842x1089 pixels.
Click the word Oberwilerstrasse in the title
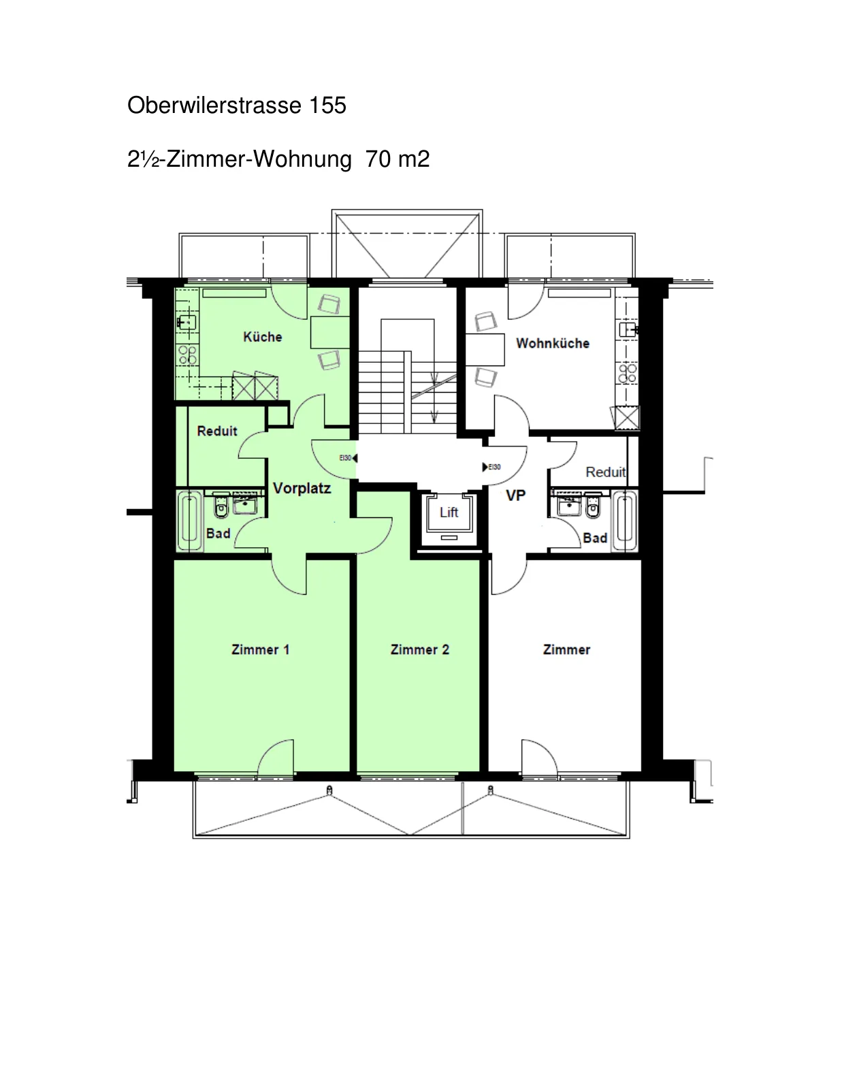point(214,105)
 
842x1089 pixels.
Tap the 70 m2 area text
point(398,159)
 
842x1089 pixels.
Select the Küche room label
point(263,337)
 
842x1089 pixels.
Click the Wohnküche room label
point(553,343)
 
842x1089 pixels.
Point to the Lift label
point(449,513)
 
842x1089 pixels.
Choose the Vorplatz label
point(302,488)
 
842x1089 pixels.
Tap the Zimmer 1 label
point(260,649)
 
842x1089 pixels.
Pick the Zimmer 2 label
point(419,649)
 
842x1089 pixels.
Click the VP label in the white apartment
point(516,495)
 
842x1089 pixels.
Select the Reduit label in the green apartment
point(217,431)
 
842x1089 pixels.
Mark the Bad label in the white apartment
point(595,538)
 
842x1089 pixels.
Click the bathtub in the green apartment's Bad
point(189,521)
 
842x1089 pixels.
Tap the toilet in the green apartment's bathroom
point(221,505)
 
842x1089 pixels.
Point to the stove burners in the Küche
point(187,355)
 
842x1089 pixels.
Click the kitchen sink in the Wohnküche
point(628,329)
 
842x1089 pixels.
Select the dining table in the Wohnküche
point(485,349)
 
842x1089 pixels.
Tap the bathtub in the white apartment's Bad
point(624,521)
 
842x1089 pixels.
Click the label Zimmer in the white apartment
point(566,649)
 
